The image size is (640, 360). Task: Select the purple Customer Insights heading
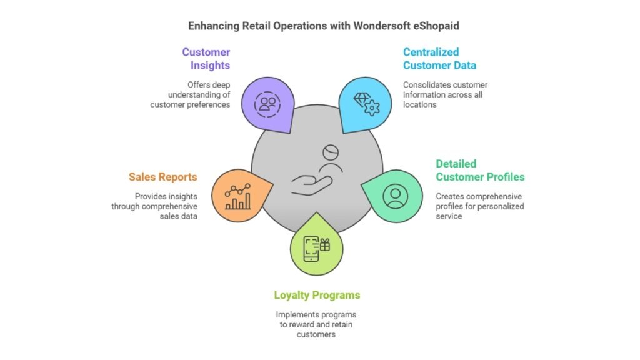[x=206, y=59]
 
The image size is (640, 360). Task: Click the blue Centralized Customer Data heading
[x=439, y=59]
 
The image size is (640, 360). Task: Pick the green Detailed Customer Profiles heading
[x=480, y=171]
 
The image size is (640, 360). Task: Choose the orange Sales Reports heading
[x=163, y=177]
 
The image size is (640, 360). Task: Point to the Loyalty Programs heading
[x=317, y=295]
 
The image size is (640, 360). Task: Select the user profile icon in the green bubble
[x=395, y=196]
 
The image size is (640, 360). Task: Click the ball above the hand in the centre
[x=331, y=152]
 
